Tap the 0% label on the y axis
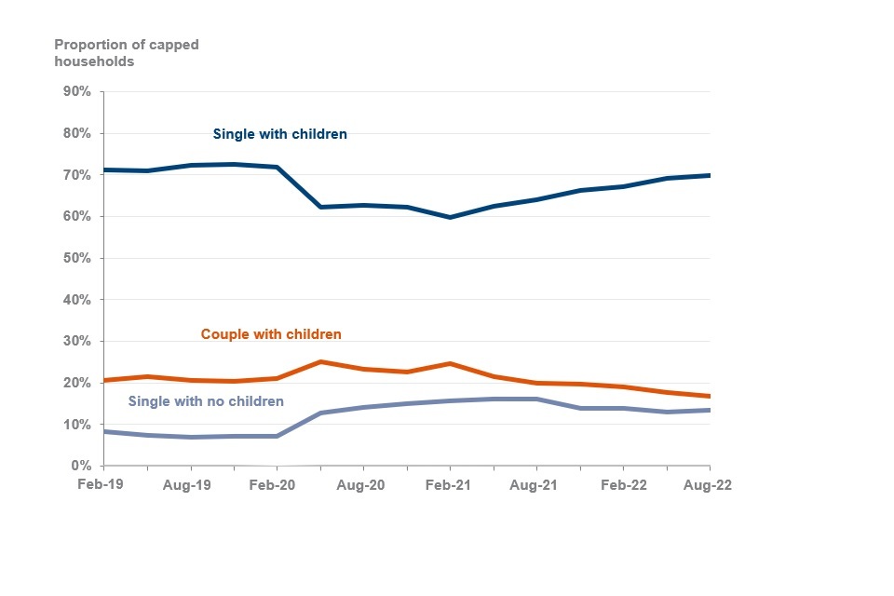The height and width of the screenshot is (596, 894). coord(79,466)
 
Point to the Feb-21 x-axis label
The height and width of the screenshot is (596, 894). coord(450,485)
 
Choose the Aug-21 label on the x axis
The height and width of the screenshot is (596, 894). coord(536,485)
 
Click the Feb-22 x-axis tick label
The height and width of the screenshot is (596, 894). coord(623,485)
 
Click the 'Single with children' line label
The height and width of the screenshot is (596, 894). coord(279,134)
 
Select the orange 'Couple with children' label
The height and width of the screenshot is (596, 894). coord(271,333)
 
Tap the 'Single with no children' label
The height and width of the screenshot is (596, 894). coord(205,401)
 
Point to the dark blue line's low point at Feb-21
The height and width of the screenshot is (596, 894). coord(450,217)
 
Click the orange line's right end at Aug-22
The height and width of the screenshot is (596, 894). coord(709,396)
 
